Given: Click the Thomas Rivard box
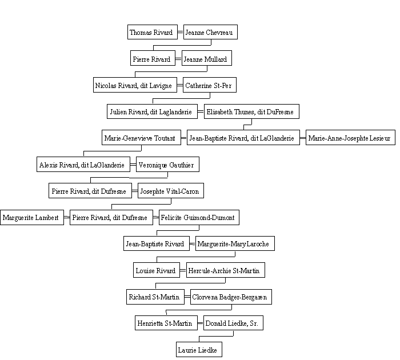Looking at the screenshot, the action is (x=153, y=32).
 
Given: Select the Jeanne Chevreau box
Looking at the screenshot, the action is (x=210, y=32).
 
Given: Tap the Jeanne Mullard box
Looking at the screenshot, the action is (x=207, y=58).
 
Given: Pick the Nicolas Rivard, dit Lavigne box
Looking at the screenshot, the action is (x=135, y=85).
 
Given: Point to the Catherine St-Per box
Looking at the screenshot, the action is (x=210, y=85).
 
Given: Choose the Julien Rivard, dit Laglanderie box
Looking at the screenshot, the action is (x=152, y=111).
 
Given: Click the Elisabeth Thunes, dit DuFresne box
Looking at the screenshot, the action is (x=251, y=111).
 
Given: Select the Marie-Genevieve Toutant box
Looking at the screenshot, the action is (x=141, y=138).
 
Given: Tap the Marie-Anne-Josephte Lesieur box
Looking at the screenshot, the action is (x=350, y=138).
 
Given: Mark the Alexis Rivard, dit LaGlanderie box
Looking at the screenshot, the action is (x=83, y=165).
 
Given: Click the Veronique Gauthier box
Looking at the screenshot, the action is (x=167, y=165).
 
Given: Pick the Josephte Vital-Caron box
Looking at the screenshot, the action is (x=171, y=191).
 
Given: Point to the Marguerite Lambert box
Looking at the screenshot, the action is (x=32, y=217).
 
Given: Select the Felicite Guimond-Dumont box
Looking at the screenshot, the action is (x=199, y=217).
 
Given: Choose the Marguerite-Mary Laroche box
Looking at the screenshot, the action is (x=235, y=243).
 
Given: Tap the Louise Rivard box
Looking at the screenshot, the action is (x=157, y=270).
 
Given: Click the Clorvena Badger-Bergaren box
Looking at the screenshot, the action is (x=231, y=297).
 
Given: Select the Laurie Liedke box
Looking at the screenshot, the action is (x=199, y=350).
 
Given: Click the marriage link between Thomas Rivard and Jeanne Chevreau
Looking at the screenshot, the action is (x=181, y=32).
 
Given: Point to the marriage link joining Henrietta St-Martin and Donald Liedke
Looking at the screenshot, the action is (x=201, y=323).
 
